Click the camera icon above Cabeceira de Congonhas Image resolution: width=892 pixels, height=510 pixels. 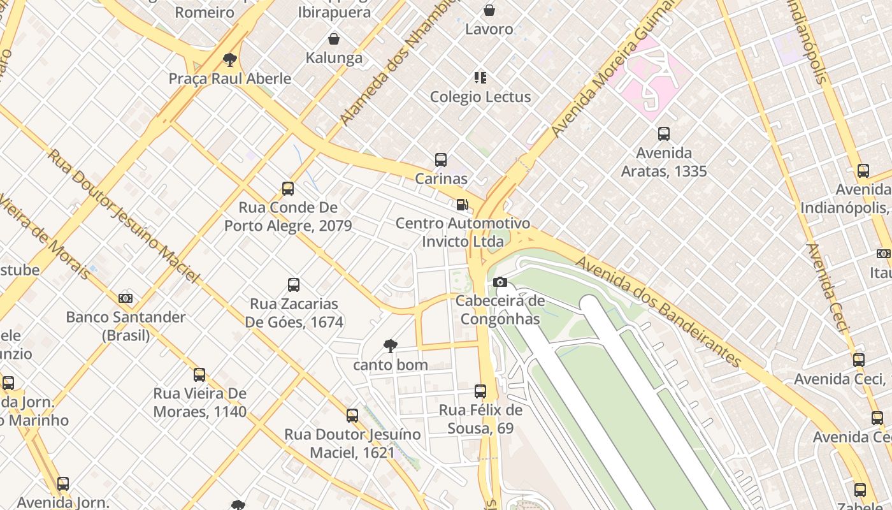click(x=500, y=282)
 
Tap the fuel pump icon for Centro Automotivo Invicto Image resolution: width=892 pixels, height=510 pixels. click(x=463, y=205)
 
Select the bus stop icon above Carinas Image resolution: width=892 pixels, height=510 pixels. click(x=440, y=160)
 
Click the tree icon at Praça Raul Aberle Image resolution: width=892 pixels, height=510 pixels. click(x=230, y=61)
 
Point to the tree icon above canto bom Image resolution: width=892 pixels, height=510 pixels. click(x=390, y=346)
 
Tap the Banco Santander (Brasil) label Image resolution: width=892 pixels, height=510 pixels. click(x=126, y=326)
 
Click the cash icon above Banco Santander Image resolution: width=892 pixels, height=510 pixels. click(x=126, y=298)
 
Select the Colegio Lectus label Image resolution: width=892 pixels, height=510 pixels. click(x=480, y=97)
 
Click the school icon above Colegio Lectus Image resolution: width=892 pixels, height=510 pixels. click(x=480, y=78)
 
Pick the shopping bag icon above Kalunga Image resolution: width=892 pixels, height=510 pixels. click(x=333, y=39)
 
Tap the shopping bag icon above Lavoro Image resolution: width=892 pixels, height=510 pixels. click(x=489, y=10)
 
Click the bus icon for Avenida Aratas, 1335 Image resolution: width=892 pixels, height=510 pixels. click(x=663, y=134)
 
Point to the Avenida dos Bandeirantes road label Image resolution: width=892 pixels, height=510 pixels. click(x=659, y=312)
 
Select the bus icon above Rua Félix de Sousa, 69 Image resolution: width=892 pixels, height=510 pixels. click(x=480, y=391)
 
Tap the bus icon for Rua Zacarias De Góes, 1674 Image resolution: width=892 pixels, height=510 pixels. click(x=294, y=285)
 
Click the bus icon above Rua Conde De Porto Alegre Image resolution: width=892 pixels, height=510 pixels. click(x=288, y=189)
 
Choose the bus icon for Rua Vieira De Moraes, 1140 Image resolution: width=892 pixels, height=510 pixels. click(x=199, y=375)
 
